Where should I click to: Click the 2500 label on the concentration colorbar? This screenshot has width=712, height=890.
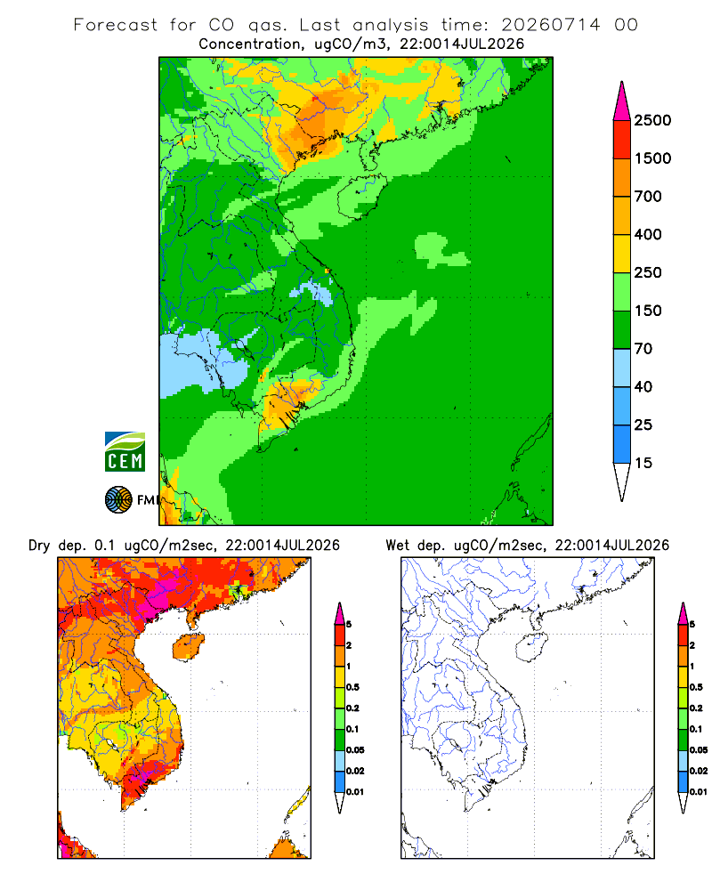652,120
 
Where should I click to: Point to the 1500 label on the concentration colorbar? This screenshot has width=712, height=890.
652,158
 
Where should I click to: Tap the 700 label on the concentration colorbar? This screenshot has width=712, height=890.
648,197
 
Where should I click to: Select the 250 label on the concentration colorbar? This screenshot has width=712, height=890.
648,272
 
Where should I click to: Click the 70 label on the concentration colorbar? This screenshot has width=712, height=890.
643,349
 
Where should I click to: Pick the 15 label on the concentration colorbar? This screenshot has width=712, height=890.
643,463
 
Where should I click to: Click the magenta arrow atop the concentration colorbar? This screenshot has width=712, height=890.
622,101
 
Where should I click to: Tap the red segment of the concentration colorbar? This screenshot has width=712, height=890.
622,140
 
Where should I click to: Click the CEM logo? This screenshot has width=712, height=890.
125,452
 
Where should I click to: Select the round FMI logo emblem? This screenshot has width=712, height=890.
118,500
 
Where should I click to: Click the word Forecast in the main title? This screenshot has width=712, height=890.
116,25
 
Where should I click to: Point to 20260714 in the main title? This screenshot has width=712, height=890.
551,25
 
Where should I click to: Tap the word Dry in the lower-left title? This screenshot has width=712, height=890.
39,546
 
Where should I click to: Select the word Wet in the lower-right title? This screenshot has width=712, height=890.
397,546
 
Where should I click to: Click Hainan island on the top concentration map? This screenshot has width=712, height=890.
361,197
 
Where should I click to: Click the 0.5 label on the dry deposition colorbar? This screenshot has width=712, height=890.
353,687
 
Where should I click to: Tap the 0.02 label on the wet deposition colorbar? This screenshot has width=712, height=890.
699,771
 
